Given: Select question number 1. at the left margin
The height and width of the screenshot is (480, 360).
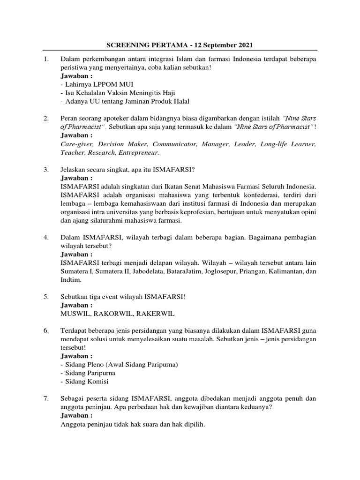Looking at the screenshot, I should point(46,59).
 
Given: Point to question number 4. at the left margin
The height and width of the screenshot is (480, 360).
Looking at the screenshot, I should point(46,238).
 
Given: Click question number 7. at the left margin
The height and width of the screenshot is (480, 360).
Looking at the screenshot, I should point(46,398).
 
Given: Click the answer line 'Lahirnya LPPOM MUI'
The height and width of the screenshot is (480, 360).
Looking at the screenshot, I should point(90,84).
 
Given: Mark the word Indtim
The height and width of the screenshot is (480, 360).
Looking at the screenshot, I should point(71,280).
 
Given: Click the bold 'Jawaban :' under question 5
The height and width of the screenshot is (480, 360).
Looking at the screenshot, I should point(77,305).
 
